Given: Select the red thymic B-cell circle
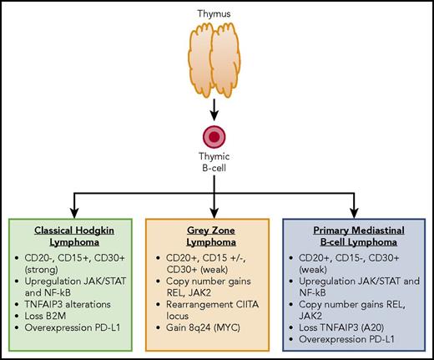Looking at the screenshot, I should tap(216, 137).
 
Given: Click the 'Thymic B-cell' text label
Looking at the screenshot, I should tap(216, 167).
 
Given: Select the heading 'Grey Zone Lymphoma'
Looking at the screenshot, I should tap(216, 232).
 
